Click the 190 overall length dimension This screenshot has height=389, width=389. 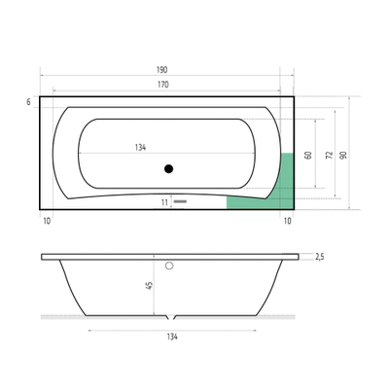(161, 70)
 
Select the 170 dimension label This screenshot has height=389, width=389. (161, 86)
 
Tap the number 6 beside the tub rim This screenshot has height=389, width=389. (30, 101)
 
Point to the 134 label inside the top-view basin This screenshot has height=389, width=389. (140, 148)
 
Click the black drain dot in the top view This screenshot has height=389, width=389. (168, 169)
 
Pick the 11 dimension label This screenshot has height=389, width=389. (165, 202)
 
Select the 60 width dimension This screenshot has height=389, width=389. (308, 156)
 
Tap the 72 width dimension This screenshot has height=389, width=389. (328, 156)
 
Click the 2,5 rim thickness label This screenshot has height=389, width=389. (319, 257)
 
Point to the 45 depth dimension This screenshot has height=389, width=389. (147, 286)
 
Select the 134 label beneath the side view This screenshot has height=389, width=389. (172, 337)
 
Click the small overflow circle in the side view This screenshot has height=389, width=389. (168, 265)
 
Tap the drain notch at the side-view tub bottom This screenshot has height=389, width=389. (172, 319)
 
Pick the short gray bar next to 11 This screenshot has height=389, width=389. (179, 202)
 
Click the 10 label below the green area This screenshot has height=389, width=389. (287, 222)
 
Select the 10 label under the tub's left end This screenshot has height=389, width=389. (47, 222)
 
